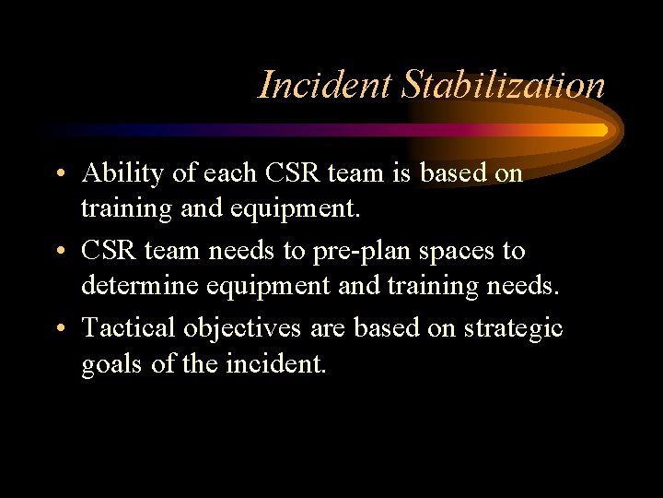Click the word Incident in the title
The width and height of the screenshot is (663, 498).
coord(324,85)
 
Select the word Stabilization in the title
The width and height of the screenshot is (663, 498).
coord(503,85)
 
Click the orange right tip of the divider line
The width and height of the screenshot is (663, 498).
coord(602,130)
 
